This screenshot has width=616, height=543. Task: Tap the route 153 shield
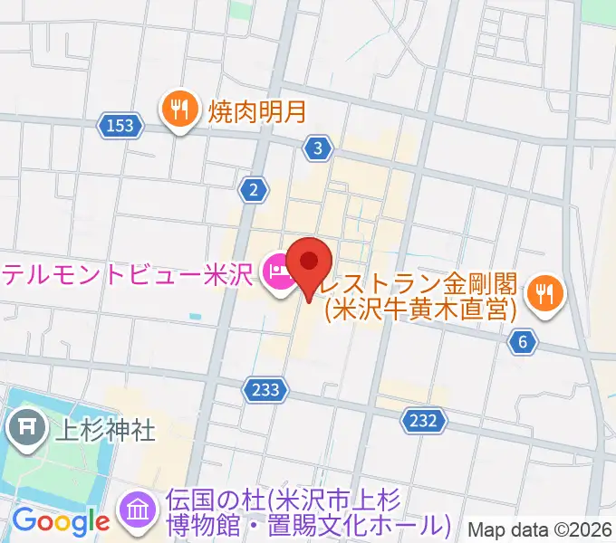point(121,126)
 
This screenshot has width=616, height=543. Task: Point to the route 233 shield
point(266,389)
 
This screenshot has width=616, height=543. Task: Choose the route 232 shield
point(422,420)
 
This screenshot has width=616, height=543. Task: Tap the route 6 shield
point(523,342)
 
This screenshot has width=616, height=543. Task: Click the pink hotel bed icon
point(276,271)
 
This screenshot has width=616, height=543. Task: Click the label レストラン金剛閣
point(427,282)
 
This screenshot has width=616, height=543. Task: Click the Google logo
point(61,521)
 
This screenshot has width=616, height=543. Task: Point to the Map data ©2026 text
point(540,529)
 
